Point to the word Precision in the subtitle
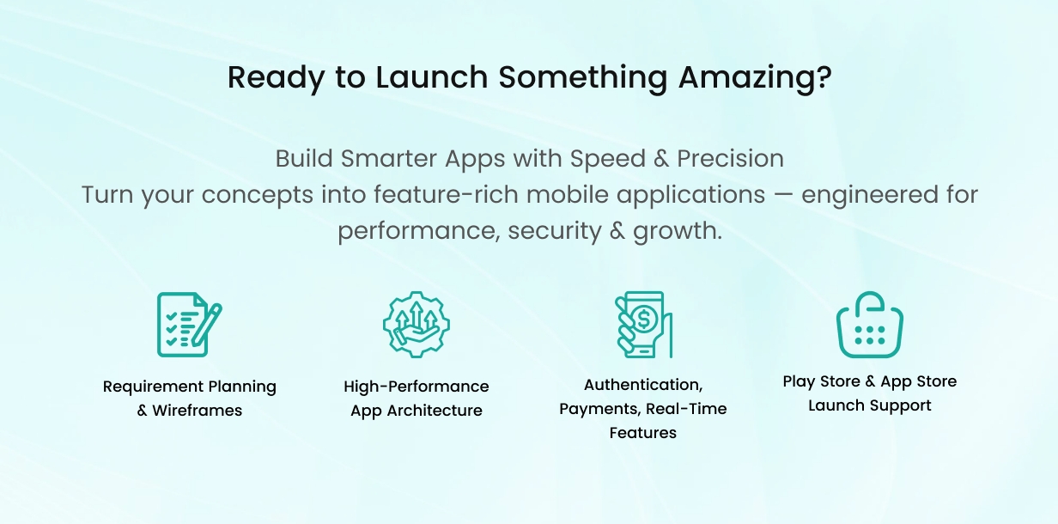(730, 159)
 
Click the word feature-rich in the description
(446, 195)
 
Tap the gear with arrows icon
(416, 324)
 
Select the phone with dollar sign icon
(643, 324)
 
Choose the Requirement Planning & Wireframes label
(190, 399)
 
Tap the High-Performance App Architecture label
(417, 399)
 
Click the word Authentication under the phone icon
(642, 385)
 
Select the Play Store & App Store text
(869, 381)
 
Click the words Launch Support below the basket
(869, 405)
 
